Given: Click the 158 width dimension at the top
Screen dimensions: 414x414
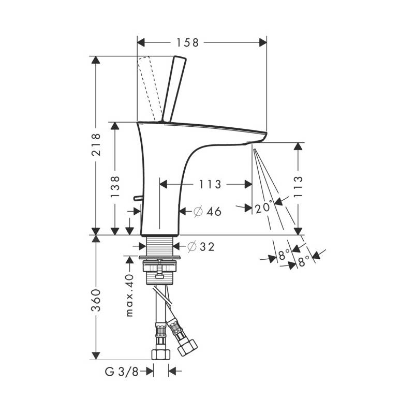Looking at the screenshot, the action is (x=187, y=42).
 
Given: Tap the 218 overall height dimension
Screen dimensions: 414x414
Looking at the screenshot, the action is (x=96, y=144).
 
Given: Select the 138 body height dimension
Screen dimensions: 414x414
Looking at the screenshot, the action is (x=115, y=187).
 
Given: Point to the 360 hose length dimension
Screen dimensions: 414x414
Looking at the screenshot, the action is (x=96, y=300).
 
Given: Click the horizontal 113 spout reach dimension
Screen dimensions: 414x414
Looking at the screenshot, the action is (x=210, y=184).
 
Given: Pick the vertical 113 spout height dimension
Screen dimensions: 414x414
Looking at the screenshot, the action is (x=298, y=187).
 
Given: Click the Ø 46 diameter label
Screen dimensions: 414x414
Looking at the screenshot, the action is (x=208, y=211).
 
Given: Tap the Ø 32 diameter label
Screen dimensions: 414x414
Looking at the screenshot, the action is (x=201, y=247).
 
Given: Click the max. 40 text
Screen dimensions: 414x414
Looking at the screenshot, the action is (x=129, y=295).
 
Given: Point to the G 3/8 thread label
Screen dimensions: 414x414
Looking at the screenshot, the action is (x=122, y=372).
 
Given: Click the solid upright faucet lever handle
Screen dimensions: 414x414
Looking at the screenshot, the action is (x=174, y=89).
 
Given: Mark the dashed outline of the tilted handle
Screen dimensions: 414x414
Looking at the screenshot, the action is (x=149, y=88).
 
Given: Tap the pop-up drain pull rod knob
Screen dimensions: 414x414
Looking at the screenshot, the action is (x=138, y=198).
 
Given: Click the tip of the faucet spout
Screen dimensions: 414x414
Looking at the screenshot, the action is (x=266, y=134).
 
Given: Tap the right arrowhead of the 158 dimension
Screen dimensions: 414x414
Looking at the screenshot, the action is (x=263, y=42).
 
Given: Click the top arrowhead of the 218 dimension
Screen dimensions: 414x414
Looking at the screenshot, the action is (x=96, y=60).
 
